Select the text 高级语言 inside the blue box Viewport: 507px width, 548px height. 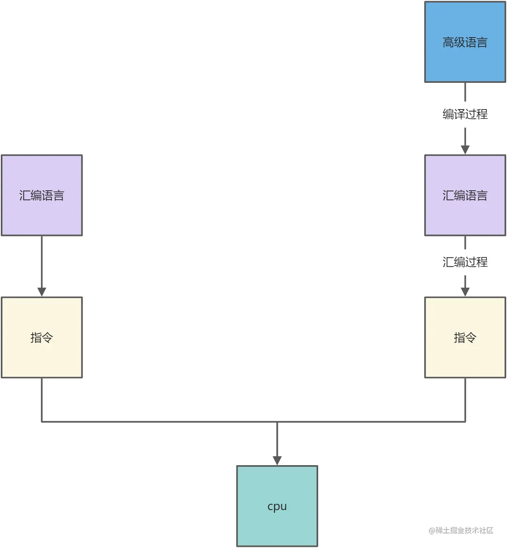pos(465,42)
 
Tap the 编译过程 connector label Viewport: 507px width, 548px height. pos(465,114)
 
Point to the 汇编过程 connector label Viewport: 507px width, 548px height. pos(465,262)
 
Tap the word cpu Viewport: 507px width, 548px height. pos(277,506)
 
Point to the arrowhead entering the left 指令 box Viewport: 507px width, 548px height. pos(42,292)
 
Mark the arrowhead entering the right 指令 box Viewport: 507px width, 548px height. pos(465,292)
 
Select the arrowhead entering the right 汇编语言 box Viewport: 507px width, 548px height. pos(465,149)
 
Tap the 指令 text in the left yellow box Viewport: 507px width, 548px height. pos(42,337)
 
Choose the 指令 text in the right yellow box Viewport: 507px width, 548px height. pos(465,337)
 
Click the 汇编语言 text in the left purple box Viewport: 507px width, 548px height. pos(42,196)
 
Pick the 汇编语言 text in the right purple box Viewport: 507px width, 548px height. pos(465,196)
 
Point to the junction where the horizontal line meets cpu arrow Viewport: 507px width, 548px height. pos(277,422)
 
